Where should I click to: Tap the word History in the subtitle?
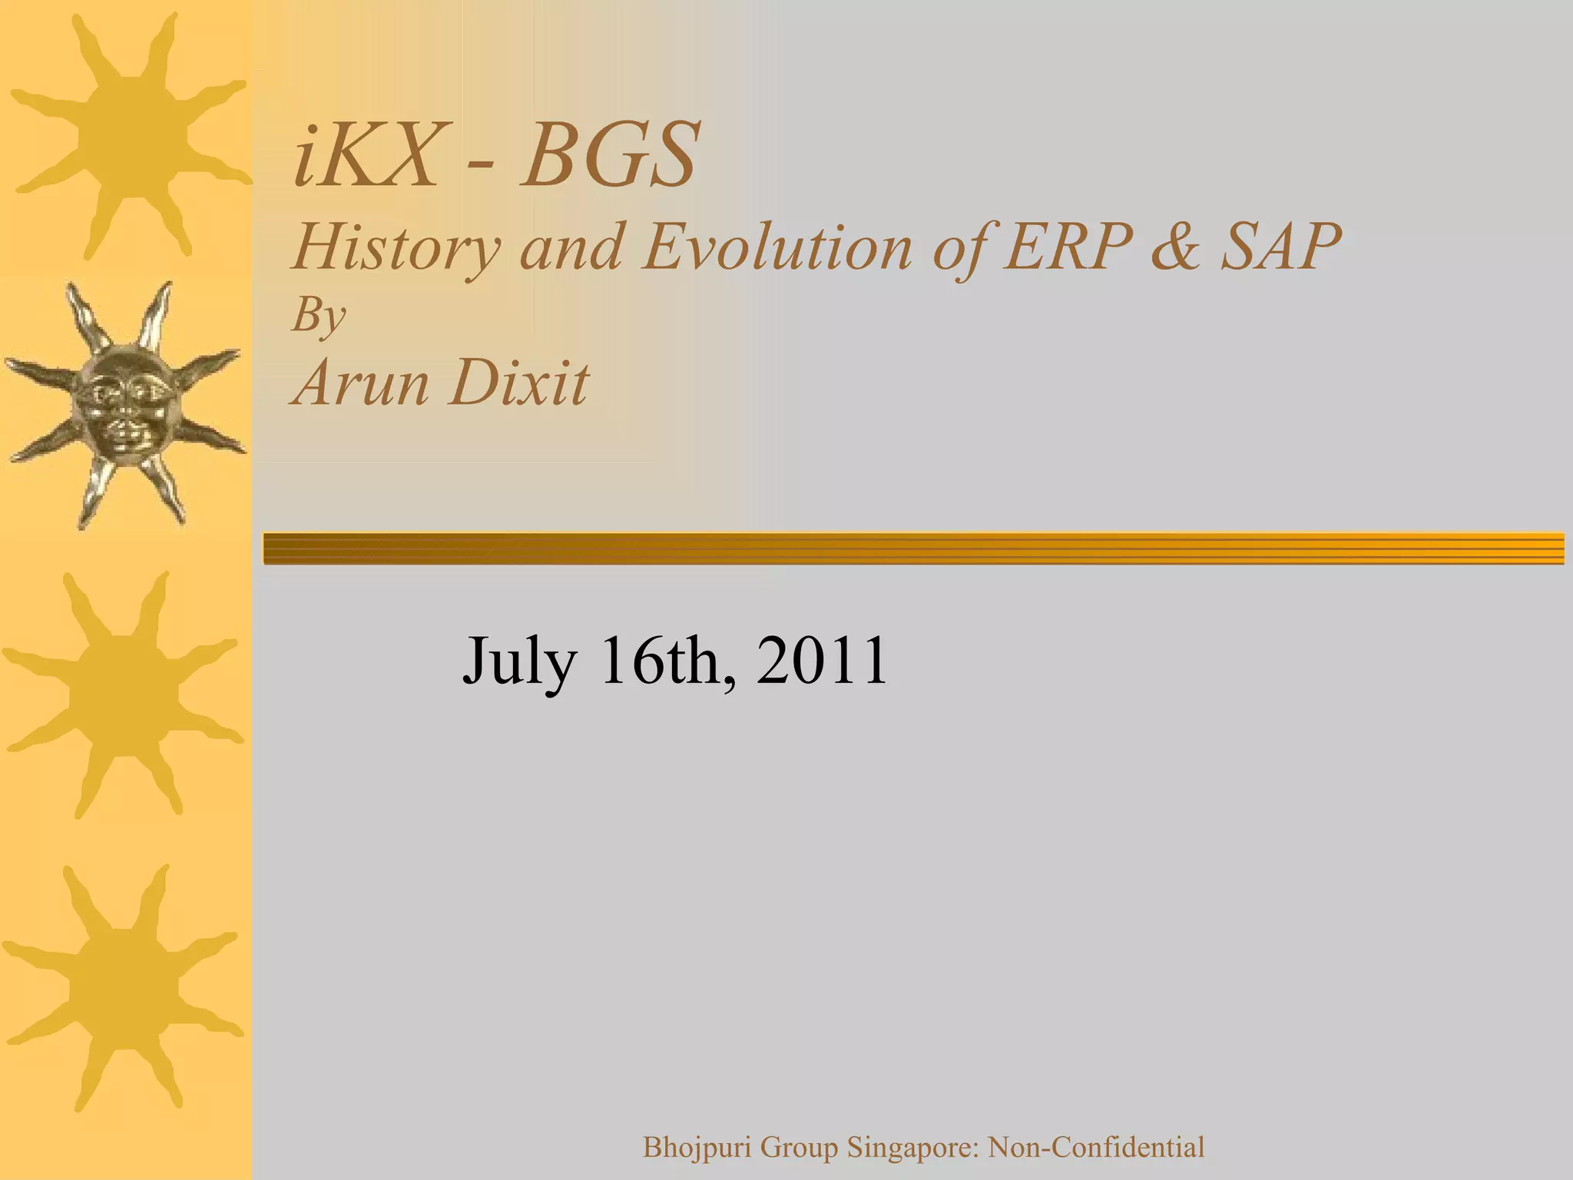[x=396, y=247]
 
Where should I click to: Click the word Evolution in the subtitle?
[x=777, y=247]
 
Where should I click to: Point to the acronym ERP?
[x=1068, y=247]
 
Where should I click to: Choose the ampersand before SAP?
[x=1174, y=247]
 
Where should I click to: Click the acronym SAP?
[x=1280, y=247]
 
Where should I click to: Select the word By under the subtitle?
[x=318, y=315]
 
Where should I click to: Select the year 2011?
[x=822, y=661]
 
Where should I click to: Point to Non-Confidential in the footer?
[x=1095, y=1148]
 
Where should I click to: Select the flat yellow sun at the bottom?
[x=123, y=987]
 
